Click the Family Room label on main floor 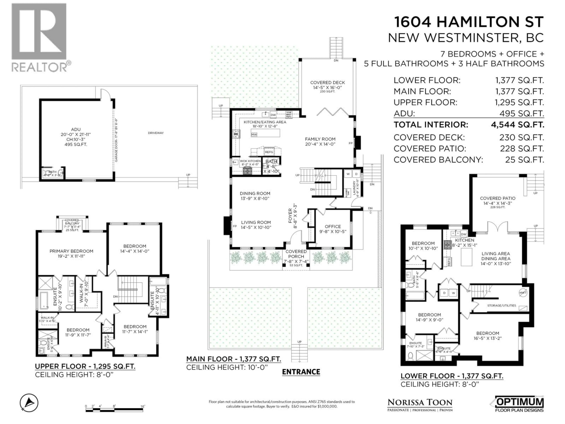pyautogui.click(x=320, y=141)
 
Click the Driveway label pyautogui.click(x=156, y=133)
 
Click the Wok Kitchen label pyautogui.click(x=250, y=161)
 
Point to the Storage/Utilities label pyautogui.click(x=501, y=305)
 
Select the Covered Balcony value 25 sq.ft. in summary pyautogui.click(x=524, y=160)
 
